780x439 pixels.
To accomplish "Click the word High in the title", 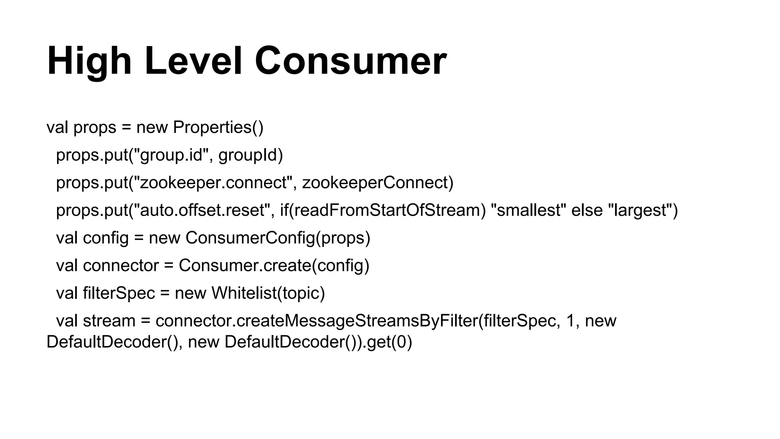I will coord(89,61).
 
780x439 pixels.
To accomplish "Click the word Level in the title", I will coord(193,61).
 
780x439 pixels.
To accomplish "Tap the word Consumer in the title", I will coord(350,61).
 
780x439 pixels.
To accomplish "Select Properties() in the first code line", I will coord(218,127).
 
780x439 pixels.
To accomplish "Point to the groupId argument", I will coord(250,155).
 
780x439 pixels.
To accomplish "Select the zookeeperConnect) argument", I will coord(377,183).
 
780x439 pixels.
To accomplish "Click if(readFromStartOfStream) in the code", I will coord(383,210).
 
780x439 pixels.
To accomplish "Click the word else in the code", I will coord(587,210).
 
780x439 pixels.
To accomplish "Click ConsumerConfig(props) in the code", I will coord(278,238).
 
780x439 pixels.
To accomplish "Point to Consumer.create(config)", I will coord(274,266).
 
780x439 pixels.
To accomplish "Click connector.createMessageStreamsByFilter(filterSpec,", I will coord(358,321).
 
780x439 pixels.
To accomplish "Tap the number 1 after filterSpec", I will coord(570,321).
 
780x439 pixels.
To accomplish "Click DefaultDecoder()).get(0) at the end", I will coord(318,342).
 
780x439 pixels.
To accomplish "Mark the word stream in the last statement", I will coord(109,321).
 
